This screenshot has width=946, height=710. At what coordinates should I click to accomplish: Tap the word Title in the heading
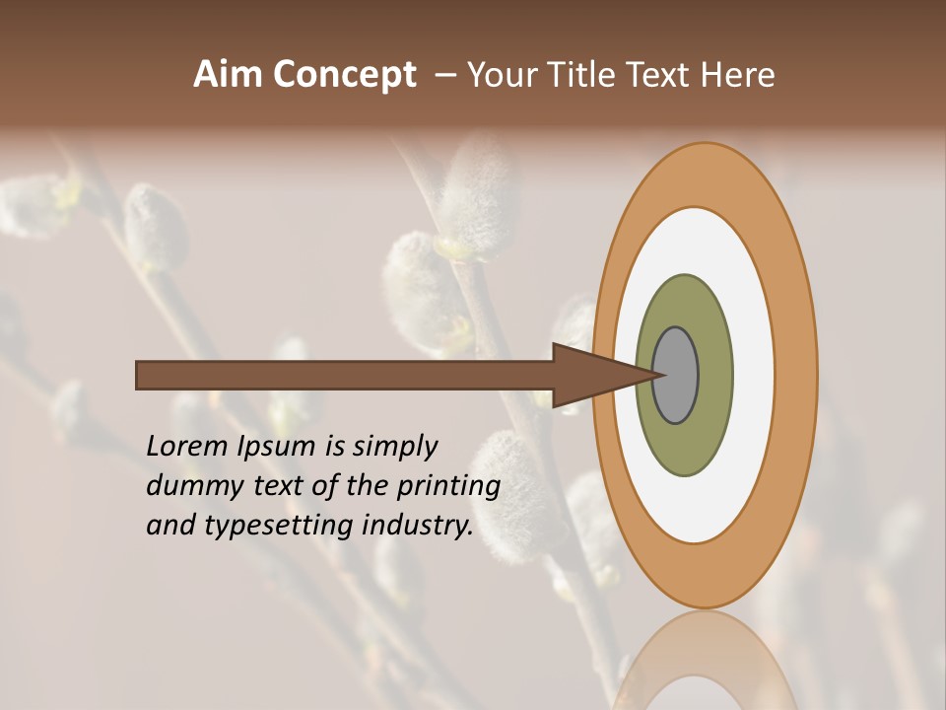click(579, 75)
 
